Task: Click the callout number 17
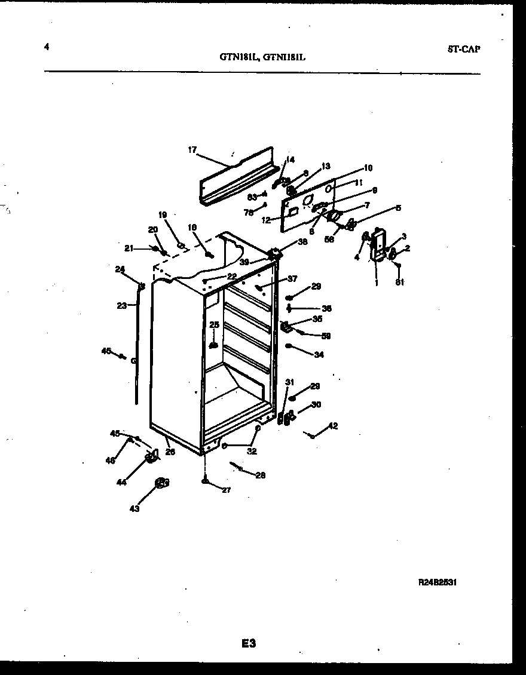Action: (192, 151)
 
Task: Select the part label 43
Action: (135, 509)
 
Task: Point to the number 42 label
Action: (333, 426)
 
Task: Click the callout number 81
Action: (399, 283)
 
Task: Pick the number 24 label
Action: (120, 269)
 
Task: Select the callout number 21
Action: (129, 248)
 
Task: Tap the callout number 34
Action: (319, 354)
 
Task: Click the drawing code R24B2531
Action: (438, 581)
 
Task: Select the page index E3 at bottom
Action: (249, 643)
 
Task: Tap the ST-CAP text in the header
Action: (463, 49)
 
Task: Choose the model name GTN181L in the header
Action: (238, 58)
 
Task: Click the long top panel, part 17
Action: (236, 176)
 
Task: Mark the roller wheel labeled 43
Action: (161, 483)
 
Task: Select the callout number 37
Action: (292, 278)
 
